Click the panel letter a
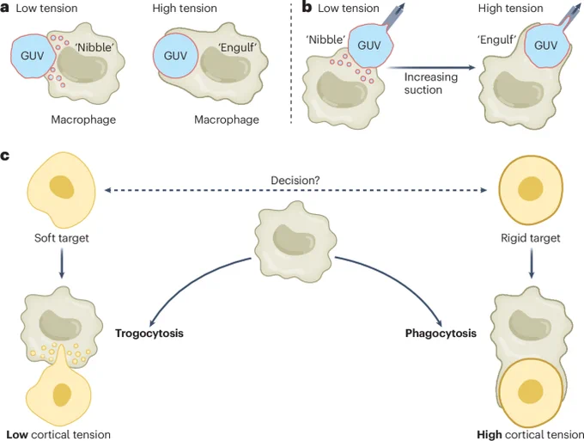coord(4,9)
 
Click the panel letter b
coord(307,7)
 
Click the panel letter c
coord(4,156)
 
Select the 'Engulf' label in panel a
coord(237,48)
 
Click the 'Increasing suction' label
coord(431,83)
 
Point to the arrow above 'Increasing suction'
coord(431,67)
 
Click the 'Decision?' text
coord(295,180)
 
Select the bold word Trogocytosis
coord(149,333)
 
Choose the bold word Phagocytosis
coord(441,333)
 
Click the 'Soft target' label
coord(62,238)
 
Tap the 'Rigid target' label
coord(531,238)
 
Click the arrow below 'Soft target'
coord(62,263)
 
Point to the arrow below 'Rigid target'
coord(531,263)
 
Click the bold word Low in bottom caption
coord(17,435)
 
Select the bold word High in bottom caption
coord(490,435)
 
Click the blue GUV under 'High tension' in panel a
coord(175,56)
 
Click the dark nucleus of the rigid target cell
coord(531,189)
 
